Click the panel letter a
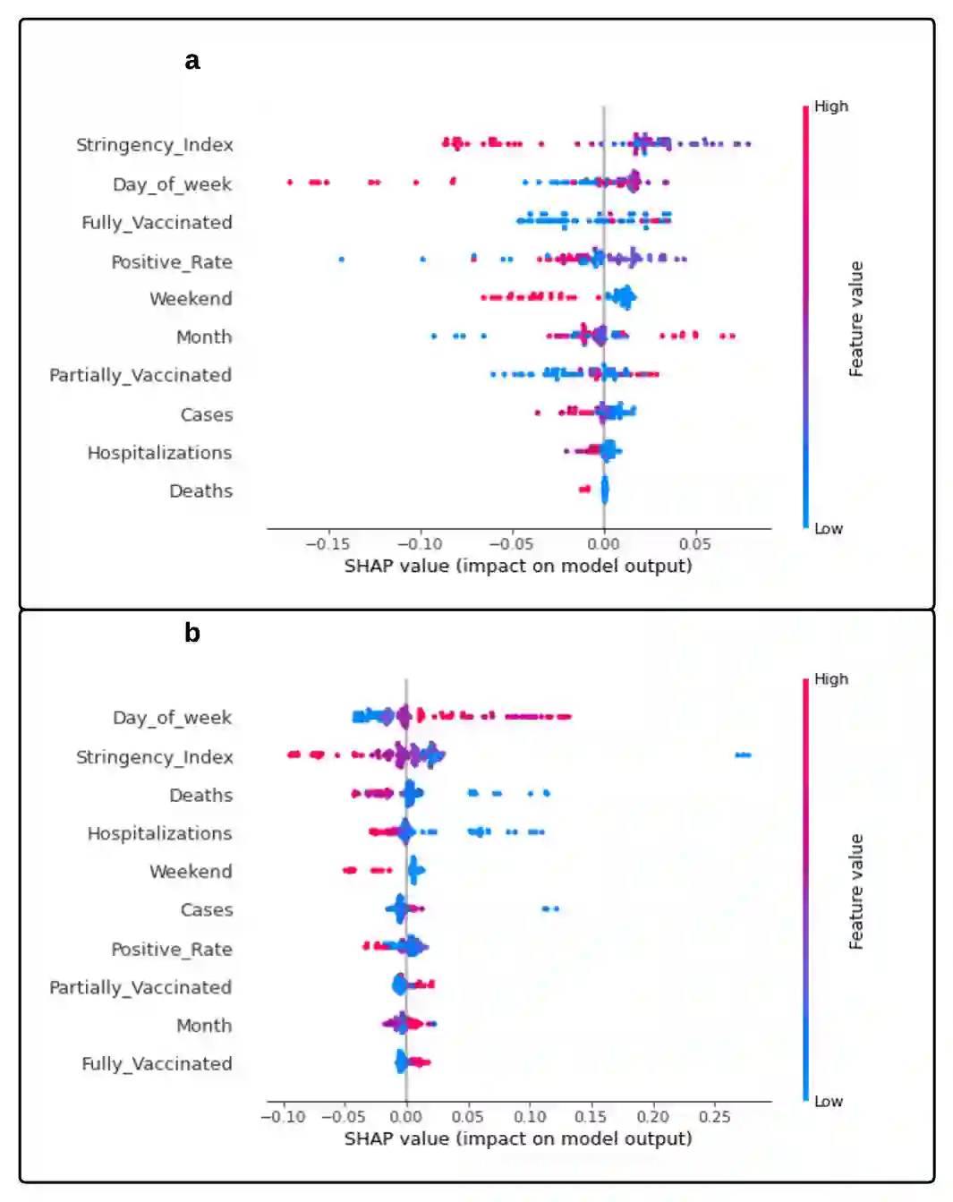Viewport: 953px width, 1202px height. click(192, 61)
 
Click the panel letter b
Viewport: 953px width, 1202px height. click(192, 634)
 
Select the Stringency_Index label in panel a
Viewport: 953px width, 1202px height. click(154, 145)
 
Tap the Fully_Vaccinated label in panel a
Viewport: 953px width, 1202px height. click(157, 223)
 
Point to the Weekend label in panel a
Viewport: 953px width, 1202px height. click(191, 299)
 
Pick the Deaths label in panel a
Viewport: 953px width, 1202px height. click(200, 491)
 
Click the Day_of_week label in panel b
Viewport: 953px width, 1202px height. click(172, 718)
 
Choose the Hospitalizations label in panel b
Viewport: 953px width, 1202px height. click(159, 834)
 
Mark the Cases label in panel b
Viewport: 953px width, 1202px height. click(207, 910)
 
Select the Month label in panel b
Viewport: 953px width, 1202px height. click(204, 1026)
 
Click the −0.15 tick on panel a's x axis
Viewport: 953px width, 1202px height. click(328, 544)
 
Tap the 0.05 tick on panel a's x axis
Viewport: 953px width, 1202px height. click(694, 544)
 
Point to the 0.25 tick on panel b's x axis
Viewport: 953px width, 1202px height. click(714, 1117)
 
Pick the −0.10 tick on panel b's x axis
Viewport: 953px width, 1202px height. click(283, 1117)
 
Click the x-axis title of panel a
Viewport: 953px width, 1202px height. click(518, 567)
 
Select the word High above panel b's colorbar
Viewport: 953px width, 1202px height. click(831, 679)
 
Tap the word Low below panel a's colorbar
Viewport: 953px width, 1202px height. click(829, 529)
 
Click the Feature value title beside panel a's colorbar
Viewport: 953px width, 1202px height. click(856, 319)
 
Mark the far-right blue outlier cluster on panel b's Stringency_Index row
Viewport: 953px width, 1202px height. click(743, 755)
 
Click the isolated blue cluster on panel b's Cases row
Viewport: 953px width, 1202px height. click(550, 909)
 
